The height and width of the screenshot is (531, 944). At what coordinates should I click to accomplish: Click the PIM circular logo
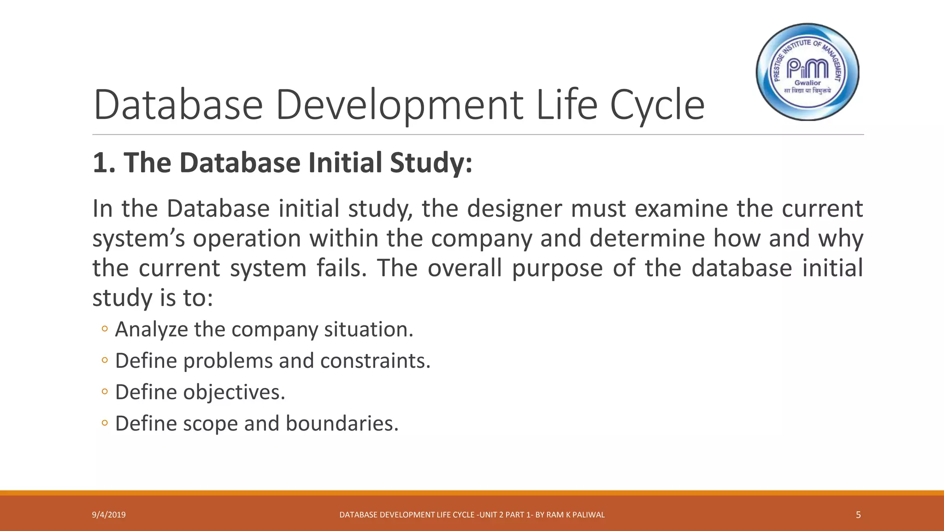click(808, 72)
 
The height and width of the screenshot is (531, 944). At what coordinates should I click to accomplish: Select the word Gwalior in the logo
click(808, 83)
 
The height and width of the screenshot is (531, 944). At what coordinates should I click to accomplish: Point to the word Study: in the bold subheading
click(431, 164)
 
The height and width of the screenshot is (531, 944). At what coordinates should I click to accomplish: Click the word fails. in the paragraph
click(341, 268)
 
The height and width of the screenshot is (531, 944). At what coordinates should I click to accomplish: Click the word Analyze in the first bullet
click(152, 330)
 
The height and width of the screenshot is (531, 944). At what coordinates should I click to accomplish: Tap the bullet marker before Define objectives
click(105, 392)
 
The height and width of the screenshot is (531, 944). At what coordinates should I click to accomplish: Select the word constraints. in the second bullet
click(375, 360)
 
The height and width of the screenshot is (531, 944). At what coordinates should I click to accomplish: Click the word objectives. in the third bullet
click(234, 392)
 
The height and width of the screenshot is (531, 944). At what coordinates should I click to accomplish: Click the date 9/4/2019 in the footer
click(109, 515)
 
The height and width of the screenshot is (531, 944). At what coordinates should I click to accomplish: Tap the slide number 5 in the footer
click(858, 515)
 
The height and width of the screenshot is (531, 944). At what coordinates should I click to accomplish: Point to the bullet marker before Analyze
click(105, 329)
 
